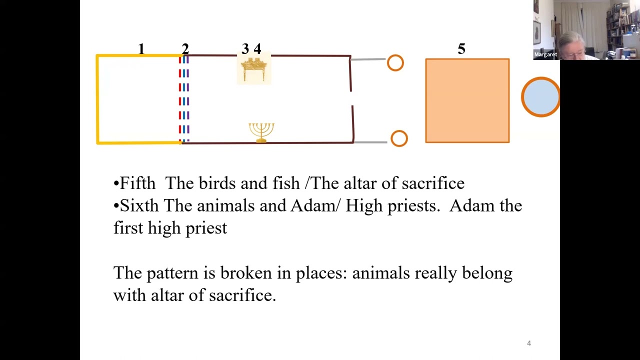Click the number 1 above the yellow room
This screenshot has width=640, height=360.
[x=141, y=49]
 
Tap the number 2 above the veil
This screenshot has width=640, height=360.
[x=185, y=49]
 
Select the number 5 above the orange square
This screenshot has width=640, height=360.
[x=461, y=49]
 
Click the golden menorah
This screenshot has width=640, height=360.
[x=261, y=132]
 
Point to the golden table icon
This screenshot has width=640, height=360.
[x=253, y=69]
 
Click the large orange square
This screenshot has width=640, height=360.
[x=467, y=100]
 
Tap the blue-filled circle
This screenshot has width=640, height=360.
[x=540, y=97]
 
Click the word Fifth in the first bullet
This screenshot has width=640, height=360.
[x=137, y=183]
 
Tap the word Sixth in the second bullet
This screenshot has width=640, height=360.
[x=139, y=205]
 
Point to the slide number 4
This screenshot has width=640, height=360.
[x=529, y=343]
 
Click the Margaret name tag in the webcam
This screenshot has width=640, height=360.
[x=545, y=54]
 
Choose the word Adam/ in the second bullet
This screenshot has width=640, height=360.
[x=315, y=205]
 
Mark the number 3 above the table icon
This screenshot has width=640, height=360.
[x=245, y=49]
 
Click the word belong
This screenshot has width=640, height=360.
[x=487, y=273]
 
